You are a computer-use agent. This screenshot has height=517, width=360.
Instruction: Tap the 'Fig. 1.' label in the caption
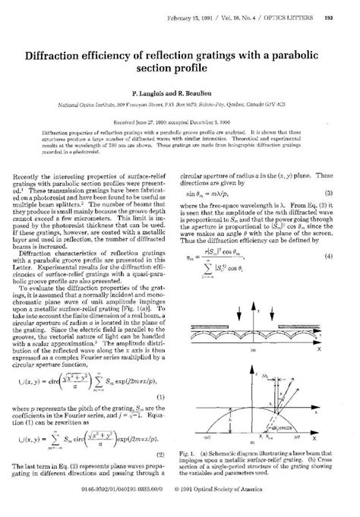tap(196, 456)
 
